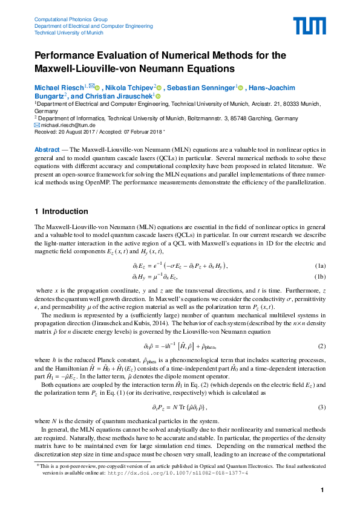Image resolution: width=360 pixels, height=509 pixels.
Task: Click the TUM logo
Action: pos(310,26)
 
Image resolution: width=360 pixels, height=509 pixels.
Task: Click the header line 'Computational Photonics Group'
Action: pos(71,19)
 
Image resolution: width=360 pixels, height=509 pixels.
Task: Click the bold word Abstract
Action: pos(47,149)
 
